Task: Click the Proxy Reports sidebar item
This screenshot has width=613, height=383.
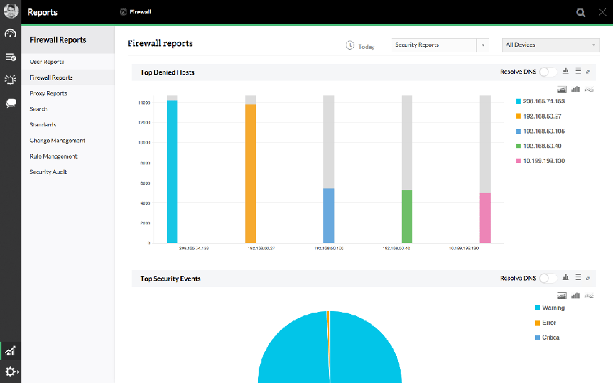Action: (x=48, y=93)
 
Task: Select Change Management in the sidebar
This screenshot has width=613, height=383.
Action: (x=57, y=141)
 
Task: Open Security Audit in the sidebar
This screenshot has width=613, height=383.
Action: (x=48, y=172)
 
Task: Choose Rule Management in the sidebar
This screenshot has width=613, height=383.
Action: (x=54, y=157)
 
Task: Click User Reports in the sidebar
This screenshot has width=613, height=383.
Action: (x=47, y=62)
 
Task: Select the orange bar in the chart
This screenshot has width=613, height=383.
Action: (x=250, y=173)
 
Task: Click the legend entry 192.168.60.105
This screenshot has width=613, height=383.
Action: (x=543, y=131)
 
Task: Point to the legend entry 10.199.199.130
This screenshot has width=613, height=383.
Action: (x=543, y=161)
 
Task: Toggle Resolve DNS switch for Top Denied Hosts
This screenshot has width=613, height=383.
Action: (x=548, y=72)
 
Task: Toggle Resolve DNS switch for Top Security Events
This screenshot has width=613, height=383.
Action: (x=548, y=279)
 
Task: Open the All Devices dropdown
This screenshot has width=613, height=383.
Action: (x=550, y=45)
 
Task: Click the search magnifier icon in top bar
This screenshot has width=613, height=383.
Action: (x=581, y=12)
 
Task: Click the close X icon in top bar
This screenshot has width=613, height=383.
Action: (x=602, y=12)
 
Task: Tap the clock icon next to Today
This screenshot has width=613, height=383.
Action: (x=350, y=46)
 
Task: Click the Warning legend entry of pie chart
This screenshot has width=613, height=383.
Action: (x=553, y=308)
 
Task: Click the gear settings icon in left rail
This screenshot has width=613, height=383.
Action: (x=11, y=372)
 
